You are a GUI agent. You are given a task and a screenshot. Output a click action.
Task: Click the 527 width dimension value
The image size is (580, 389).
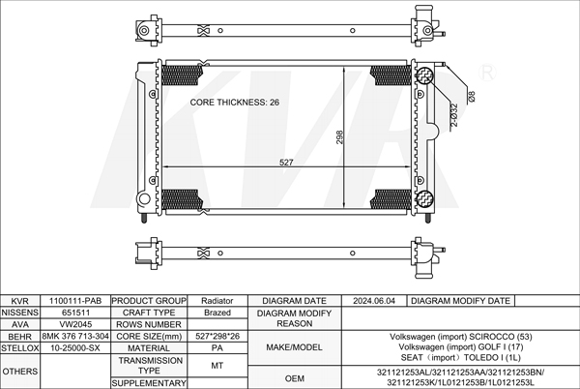pyautogui.click(x=286, y=163)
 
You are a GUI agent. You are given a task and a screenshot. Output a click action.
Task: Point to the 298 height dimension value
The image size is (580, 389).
pyautogui.click(x=339, y=137)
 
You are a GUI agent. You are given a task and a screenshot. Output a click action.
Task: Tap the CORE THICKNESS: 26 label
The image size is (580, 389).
pyautogui.click(x=235, y=103)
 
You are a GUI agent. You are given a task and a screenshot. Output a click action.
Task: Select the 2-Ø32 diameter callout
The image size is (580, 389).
pyautogui.click(x=454, y=115)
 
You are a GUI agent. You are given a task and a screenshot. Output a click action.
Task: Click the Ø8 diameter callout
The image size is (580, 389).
pyautogui.click(x=472, y=96)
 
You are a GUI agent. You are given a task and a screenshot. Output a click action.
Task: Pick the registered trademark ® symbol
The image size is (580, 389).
pyautogui.click(x=487, y=73)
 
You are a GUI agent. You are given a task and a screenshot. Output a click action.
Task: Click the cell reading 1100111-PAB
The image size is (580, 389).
pyautogui.click(x=75, y=301)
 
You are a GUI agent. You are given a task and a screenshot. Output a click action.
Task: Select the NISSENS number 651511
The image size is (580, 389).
pyautogui.click(x=75, y=313)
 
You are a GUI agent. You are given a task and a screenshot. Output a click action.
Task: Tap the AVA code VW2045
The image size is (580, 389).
pyautogui.click(x=75, y=324)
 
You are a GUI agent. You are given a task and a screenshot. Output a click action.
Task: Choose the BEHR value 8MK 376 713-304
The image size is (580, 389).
pyautogui.click(x=75, y=336)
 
